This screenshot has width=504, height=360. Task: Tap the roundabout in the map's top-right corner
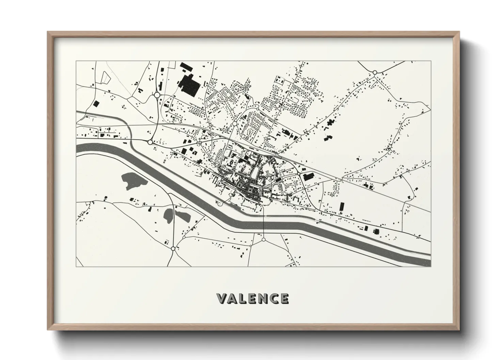tap(375, 72)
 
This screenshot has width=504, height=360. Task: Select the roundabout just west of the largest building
tap(157, 95)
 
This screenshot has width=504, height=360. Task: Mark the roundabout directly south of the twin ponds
tap(173, 249)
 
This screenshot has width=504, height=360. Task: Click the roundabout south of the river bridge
tap(264, 240)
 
